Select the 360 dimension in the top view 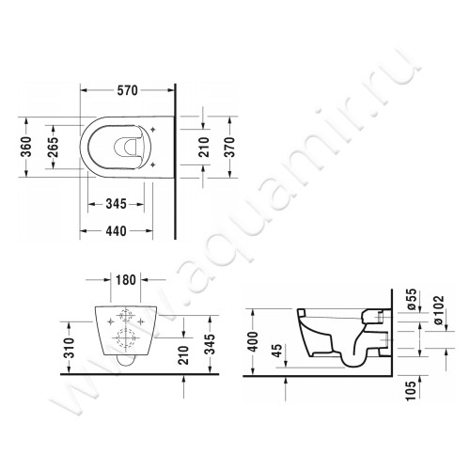pos(28,146)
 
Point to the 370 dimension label pos(243,146)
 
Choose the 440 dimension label pos(117,229)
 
